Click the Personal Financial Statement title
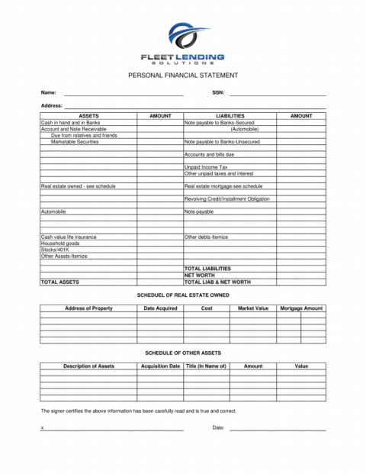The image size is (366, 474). pos(183,76)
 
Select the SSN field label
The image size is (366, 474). pos(217,92)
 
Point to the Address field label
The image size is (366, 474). pos(51,105)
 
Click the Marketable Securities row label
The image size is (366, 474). pos(75,142)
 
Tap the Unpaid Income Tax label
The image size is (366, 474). pos(206,167)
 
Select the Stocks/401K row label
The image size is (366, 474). pos(55,250)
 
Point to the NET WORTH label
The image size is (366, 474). pos(200,276)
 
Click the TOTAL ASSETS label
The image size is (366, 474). pos(59,282)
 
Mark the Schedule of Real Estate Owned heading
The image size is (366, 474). pos(183,294)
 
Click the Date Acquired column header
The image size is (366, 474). pos(160,308)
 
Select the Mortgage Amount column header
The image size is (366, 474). pos(301,308)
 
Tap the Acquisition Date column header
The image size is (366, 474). pos(160,366)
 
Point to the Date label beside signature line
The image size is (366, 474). pos(218,428)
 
